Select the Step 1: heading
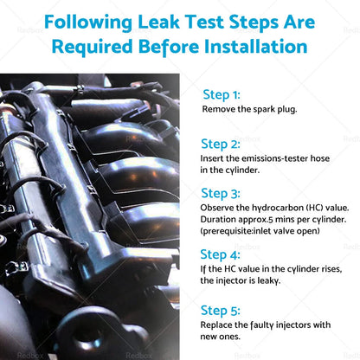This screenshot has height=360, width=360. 222,95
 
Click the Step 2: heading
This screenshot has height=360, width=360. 221,145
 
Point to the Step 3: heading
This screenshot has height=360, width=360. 221,194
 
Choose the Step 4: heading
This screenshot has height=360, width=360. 220,255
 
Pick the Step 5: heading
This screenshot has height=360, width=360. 221,311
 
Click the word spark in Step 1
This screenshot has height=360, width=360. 264,110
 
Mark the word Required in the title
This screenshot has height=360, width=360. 93,47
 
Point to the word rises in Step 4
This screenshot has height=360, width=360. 331,269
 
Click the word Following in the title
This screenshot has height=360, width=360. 88,22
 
